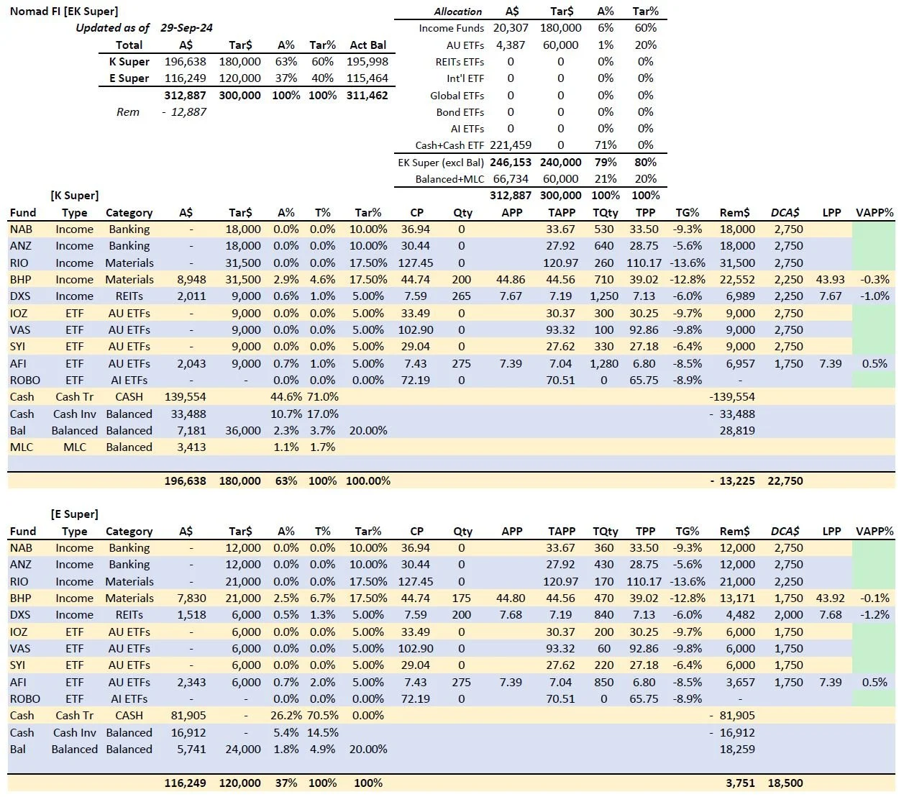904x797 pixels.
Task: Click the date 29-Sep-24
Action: (186, 28)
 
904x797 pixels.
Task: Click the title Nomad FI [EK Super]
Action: (64, 11)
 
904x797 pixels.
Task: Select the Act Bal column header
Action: (367, 45)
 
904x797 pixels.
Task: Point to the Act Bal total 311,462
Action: (367, 95)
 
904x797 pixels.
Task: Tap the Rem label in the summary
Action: (128, 111)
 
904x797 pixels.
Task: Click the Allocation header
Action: (458, 12)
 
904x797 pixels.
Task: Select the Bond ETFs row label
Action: (460, 112)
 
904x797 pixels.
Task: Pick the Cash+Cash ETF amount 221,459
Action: (511, 145)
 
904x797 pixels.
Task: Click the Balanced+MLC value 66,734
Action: (511, 179)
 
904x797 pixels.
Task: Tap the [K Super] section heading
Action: (75, 196)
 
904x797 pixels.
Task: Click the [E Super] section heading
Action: (75, 514)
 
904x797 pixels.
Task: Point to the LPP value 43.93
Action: (831, 280)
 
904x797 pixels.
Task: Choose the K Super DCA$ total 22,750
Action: (785, 481)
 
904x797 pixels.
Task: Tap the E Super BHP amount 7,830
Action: (191, 598)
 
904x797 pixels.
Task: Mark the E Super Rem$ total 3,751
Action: (741, 783)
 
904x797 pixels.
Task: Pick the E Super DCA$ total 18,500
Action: (785, 783)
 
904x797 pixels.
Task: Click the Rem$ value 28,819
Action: (737, 431)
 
